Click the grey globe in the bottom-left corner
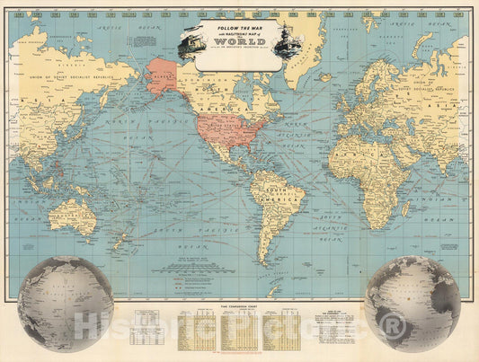(x=65, y=303)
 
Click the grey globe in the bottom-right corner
(x=412, y=303)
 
